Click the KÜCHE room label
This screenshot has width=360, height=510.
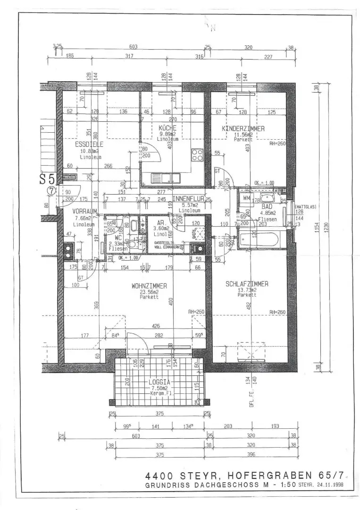pos(167,128)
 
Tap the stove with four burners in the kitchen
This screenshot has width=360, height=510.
pos(197,155)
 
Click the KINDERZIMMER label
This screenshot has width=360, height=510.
pos(243,128)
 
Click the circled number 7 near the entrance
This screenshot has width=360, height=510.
pos(51,191)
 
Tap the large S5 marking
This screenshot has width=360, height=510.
pos(48,179)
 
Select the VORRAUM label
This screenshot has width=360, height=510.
pos(85,212)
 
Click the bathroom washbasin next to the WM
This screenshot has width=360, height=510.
pos(267,199)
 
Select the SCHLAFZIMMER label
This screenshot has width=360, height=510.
pos(247,284)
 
